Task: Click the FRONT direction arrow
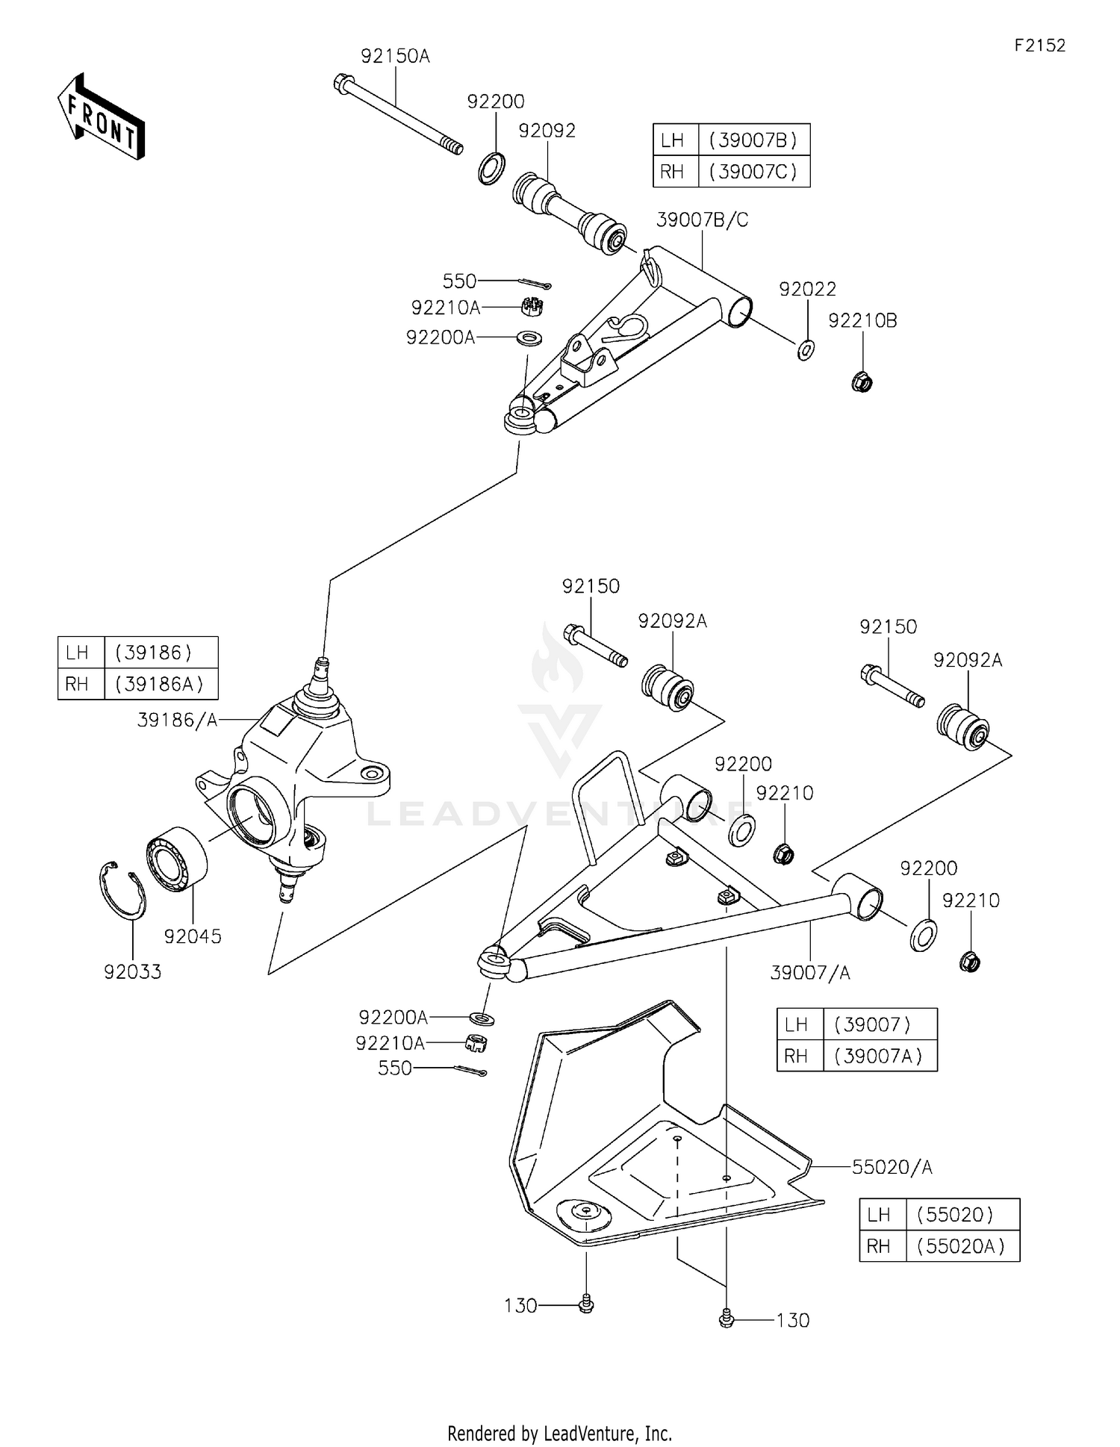click(101, 118)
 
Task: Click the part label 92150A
click(395, 56)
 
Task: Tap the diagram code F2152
click(1039, 46)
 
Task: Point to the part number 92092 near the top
click(547, 131)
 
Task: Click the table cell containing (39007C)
click(753, 172)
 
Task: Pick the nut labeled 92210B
click(862, 382)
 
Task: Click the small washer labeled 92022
click(806, 349)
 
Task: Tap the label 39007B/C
click(702, 220)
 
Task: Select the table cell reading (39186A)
click(161, 684)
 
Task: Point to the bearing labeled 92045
click(178, 859)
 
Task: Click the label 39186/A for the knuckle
click(177, 720)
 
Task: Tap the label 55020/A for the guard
click(892, 1167)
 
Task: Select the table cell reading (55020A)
click(962, 1246)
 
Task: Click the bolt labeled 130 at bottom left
click(586, 1304)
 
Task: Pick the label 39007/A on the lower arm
click(810, 973)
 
